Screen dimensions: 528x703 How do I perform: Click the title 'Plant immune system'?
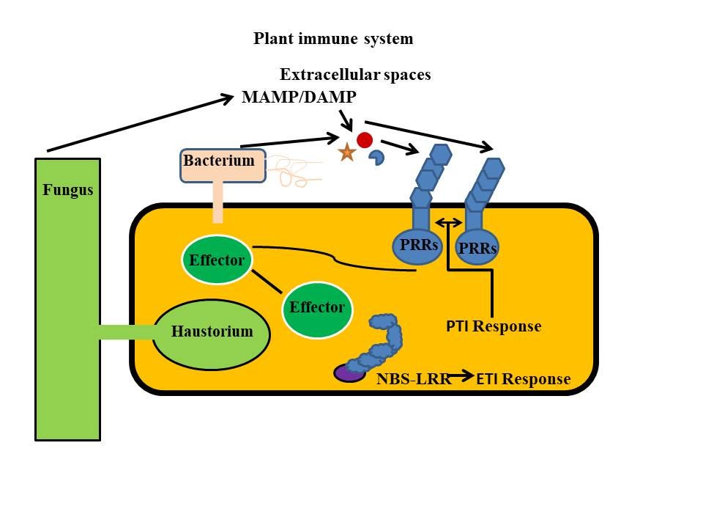click(x=333, y=39)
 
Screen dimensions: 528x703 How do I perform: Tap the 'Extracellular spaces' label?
click(x=355, y=75)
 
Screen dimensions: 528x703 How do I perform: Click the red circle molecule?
click(x=365, y=140)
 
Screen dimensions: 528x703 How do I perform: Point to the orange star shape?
click(x=346, y=153)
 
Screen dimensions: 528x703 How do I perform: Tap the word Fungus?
click(x=67, y=191)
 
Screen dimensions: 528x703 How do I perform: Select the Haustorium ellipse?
click(x=212, y=332)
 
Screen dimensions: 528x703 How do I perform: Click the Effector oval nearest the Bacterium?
click(x=216, y=260)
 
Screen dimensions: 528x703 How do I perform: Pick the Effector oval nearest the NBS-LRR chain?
click(x=317, y=307)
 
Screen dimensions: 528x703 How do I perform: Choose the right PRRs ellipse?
click(x=477, y=249)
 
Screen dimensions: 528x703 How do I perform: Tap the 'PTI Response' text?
click(x=494, y=326)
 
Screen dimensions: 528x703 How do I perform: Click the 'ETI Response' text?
click(x=523, y=379)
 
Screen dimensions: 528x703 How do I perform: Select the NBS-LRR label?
click(x=414, y=379)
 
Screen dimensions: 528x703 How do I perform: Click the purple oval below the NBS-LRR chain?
click(x=350, y=373)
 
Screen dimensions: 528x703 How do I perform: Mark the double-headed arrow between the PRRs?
click(x=447, y=221)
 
